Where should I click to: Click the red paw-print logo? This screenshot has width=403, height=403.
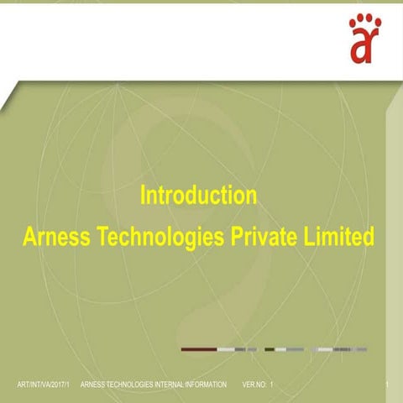click(365, 39)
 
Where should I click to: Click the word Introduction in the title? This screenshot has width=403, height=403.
click(198, 196)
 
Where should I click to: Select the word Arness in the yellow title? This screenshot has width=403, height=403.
click(56, 236)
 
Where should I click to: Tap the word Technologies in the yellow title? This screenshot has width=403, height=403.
click(162, 237)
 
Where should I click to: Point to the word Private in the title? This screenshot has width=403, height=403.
click(264, 236)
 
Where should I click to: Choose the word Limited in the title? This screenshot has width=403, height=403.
click(339, 236)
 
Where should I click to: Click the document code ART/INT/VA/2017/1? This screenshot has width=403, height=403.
click(43, 385)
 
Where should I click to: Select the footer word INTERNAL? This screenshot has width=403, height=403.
click(169, 385)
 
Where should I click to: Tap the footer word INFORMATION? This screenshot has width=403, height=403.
click(206, 385)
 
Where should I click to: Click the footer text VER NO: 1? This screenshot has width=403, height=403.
click(258, 385)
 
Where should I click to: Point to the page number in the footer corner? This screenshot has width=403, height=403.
click(387, 385)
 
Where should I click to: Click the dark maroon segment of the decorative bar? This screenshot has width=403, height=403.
click(199, 349)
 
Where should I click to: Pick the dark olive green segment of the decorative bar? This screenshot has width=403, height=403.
click(270, 349)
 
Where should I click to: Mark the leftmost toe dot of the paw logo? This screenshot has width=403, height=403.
click(353, 24)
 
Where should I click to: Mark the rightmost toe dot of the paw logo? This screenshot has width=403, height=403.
click(378, 23)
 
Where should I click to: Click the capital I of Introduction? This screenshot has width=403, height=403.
click(142, 195)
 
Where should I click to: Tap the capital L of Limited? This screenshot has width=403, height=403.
click(308, 236)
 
